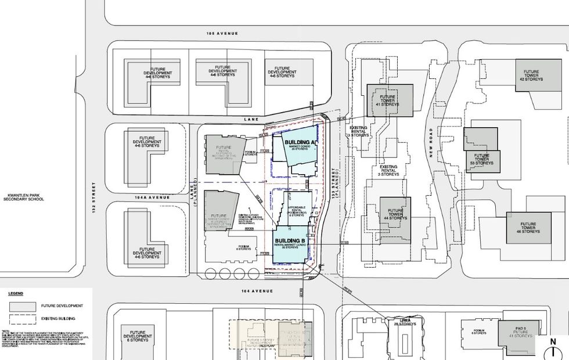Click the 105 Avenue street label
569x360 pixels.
click(222, 34)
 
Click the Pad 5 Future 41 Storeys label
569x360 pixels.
click(520, 333)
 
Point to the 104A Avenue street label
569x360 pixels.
click(152, 197)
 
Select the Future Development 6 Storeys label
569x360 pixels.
click(138, 336)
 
